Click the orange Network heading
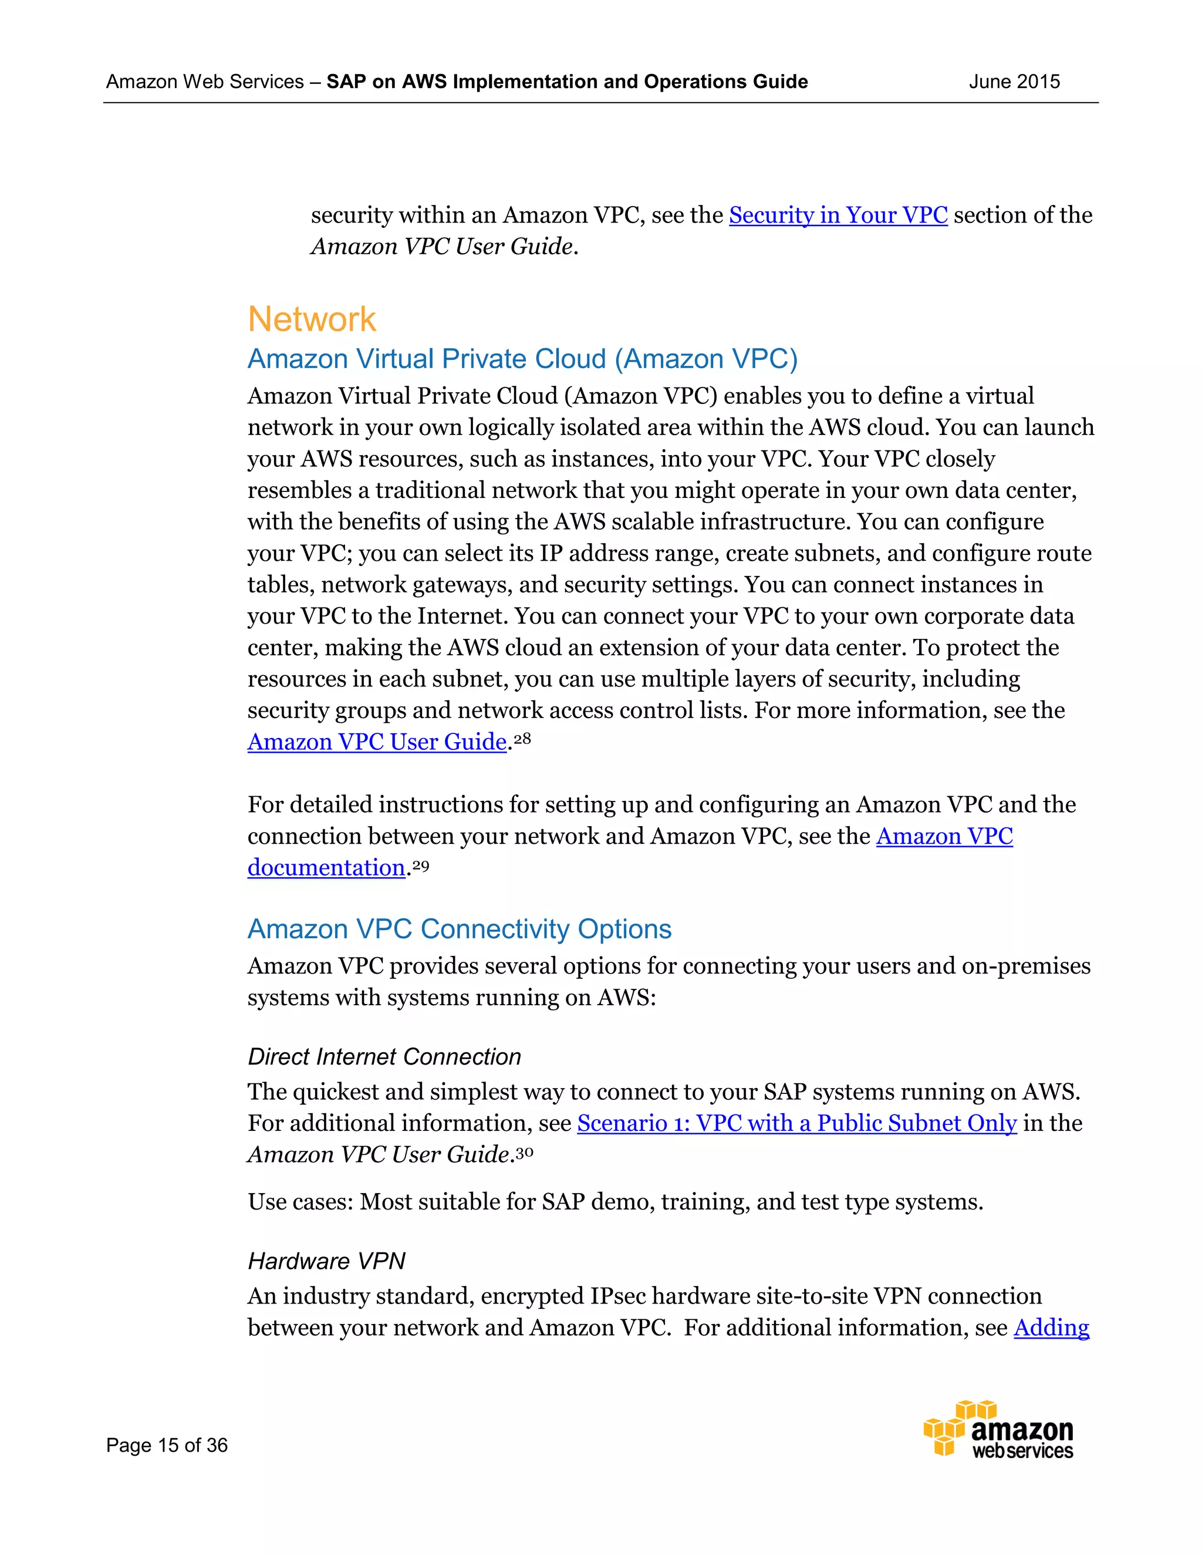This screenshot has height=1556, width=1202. (x=311, y=319)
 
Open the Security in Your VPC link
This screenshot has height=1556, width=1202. (x=838, y=215)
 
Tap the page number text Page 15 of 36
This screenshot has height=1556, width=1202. (x=167, y=1445)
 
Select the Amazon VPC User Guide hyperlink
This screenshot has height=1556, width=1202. (x=377, y=742)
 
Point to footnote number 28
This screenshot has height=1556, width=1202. (x=523, y=738)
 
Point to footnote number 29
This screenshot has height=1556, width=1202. (x=421, y=865)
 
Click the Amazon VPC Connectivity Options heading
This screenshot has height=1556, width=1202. (x=460, y=929)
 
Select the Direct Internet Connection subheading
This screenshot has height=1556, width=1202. (x=384, y=1056)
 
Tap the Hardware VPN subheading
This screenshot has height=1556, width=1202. (x=326, y=1261)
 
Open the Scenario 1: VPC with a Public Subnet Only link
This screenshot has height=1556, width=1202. (x=796, y=1123)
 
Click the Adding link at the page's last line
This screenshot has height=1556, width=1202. (x=1051, y=1328)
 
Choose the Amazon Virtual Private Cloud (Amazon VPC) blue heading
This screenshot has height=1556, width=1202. (x=522, y=359)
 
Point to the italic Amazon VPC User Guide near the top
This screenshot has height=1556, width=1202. (x=441, y=247)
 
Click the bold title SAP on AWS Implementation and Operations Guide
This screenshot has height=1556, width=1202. (x=567, y=82)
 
